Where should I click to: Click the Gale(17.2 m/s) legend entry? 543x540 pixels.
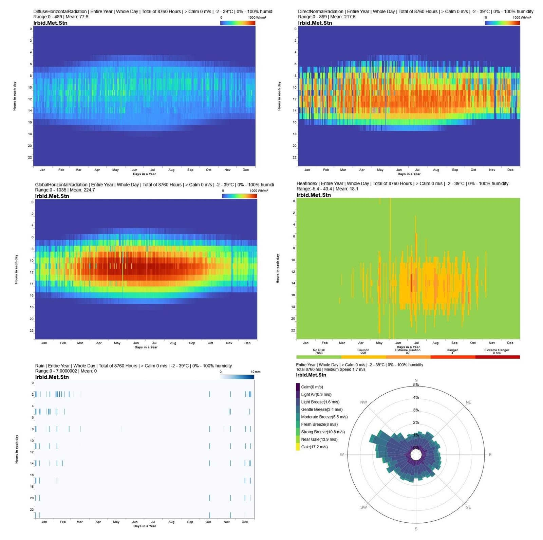314,447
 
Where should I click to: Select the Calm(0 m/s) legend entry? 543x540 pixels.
312,387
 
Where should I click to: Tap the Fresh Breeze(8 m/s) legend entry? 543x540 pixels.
319,425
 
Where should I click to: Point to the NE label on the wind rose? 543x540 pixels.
468,402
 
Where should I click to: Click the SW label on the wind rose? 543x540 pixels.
363,507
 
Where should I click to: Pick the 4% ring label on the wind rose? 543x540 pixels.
416,398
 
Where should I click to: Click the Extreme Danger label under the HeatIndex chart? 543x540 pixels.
497,350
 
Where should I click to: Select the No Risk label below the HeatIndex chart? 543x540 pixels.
319,350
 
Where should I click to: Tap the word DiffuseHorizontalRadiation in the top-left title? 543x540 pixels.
60,12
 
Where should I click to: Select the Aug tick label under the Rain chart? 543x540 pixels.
171,522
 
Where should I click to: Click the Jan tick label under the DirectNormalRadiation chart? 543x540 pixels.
307,170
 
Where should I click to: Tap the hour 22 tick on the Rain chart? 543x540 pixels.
32,509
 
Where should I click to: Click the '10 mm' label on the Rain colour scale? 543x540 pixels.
256,372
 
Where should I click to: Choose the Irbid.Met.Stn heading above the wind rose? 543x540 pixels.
311,375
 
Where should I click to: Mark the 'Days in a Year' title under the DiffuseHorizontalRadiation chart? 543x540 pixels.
144,174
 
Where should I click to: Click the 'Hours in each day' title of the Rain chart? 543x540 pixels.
17,449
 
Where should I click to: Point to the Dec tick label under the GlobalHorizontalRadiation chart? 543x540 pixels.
247,343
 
